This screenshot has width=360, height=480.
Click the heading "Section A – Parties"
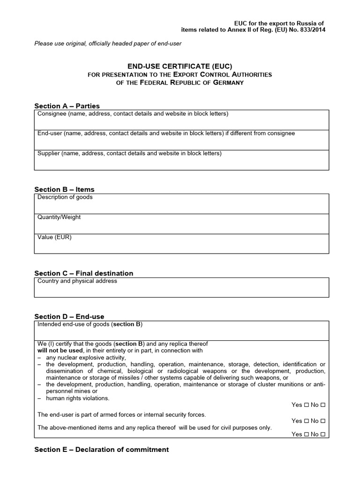67,106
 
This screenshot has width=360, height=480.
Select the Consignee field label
133,114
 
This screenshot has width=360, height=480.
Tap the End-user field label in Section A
166,134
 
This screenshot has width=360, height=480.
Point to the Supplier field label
129,153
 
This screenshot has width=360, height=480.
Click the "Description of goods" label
65,197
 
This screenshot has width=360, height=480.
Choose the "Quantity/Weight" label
59,217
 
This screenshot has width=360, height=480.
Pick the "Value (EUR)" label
54,237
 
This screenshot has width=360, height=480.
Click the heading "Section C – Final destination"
84,273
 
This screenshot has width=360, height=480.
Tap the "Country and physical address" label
77,281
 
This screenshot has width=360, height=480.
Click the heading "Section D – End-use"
69,317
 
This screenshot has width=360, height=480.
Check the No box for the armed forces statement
323,421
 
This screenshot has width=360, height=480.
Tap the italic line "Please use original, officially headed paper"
108,44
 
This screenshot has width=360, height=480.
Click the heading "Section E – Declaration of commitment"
101,450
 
